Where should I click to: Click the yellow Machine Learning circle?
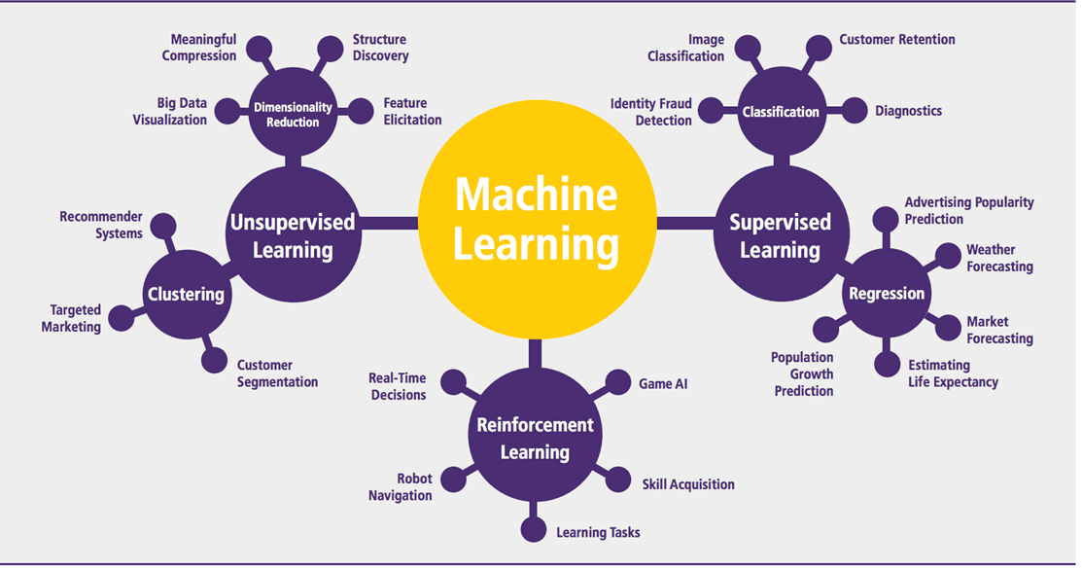tap(536, 223)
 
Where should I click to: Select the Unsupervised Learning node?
tap(293, 235)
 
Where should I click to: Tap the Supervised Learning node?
tap(780, 235)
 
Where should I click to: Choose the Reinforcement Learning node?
tap(534, 438)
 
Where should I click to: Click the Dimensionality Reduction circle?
tap(293, 114)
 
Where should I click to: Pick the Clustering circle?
tap(186, 294)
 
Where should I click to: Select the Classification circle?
tap(781, 112)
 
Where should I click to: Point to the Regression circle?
tap(887, 294)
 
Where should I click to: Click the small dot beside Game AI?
tap(618, 382)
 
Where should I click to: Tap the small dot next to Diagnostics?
tap(854, 110)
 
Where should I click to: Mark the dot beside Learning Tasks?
tap(533, 529)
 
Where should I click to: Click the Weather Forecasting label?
tap(998, 258)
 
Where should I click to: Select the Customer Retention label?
tap(896, 40)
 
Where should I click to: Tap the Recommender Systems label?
tap(101, 225)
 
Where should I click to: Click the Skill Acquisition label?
tap(687, 483)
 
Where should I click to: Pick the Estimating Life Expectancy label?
tap(952, 373)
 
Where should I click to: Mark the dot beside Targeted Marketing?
tap(122, 317)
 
